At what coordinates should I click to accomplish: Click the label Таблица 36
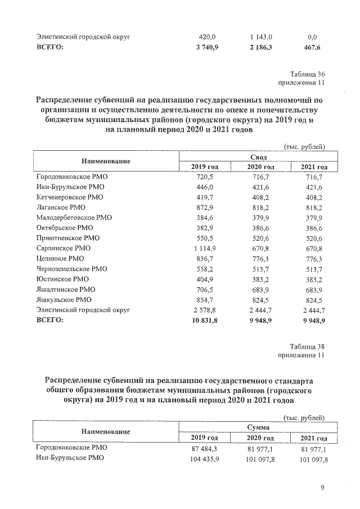[x=307, y=74]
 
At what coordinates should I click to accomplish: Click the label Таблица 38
[x=307, y=346]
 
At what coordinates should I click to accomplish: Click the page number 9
[x=323, y=488]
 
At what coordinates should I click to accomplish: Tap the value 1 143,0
[x=261, y=37]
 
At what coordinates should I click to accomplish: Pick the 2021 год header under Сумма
[x=314, y=438]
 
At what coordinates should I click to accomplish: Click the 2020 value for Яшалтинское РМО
[x=261, y=289]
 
